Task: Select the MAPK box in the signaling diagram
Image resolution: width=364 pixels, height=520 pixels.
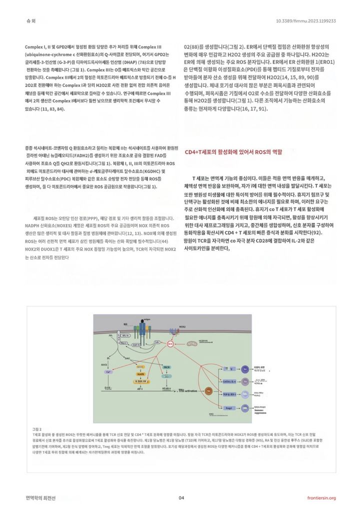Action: [x=140, y=374]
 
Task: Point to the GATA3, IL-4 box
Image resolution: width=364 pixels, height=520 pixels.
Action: [x=227, y=381]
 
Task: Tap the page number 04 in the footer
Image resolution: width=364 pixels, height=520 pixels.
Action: [x=181, y=497]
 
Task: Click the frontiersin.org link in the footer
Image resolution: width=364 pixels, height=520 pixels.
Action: [x=321, y=497]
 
